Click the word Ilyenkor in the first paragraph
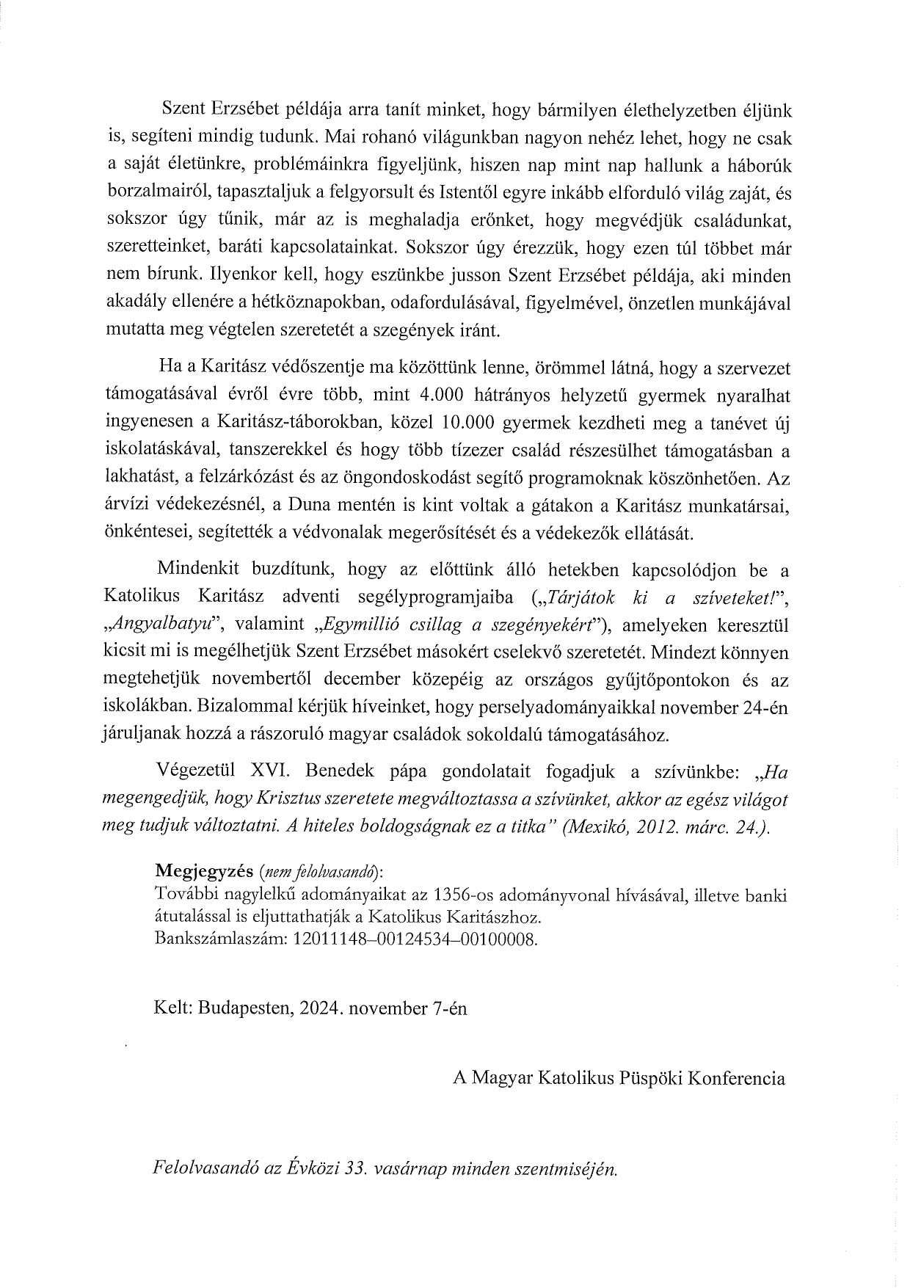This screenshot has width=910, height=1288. pyautogui.click(x=239, y=276)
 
